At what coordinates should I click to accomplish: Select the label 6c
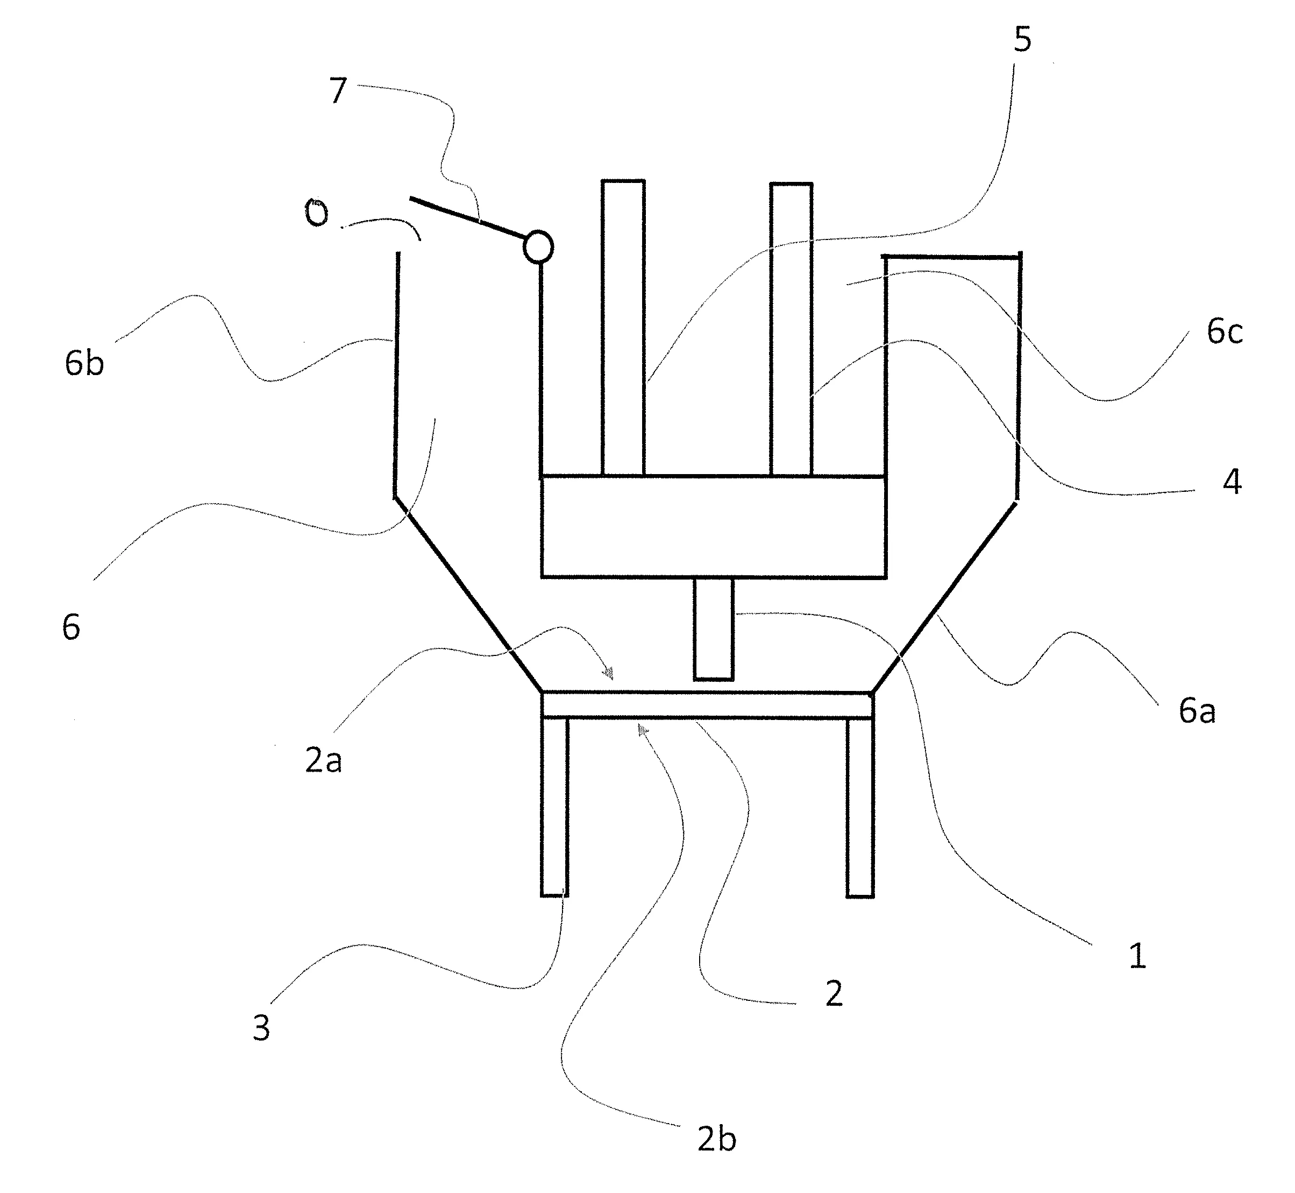pyautogui.click(x=1224, y=332)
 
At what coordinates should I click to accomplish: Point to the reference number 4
pyautogui.click(x=1232, y=482)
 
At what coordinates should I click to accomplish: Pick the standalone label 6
pyautogui.click(x=71, y=627)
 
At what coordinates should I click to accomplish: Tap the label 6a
pyautogui.click(x=1197, y=711)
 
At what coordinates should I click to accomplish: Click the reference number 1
pyautogui.click(x=1137, y=956)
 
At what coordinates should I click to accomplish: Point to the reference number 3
pyautogui.click(x=261, y=1028)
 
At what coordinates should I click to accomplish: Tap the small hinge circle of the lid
pyautogui.click(x=538, y=246)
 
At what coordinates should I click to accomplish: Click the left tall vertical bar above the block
pyautogui.click(x=623, y=328)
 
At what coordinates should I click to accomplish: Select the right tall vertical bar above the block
pyautogui.click(x=791, y=329)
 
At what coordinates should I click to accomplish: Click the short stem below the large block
pyautogui.click(x=714, y=629)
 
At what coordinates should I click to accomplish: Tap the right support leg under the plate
pyautogui.click(x=860, y=807)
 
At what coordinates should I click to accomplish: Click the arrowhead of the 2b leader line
pyautogui.click(x=642, y=730)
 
